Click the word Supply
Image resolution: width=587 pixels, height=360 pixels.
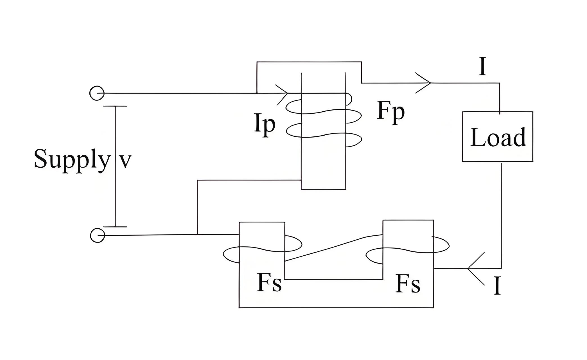point(72,159)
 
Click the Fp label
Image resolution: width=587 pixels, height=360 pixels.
point(391,112)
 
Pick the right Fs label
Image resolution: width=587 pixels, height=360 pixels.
point(408,284)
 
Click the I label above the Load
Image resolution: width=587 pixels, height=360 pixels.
point(482,66)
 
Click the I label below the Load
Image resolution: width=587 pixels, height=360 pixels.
point(497,285)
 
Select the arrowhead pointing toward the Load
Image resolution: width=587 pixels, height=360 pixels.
point(423,83)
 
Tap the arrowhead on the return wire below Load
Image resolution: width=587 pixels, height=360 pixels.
point(476,269)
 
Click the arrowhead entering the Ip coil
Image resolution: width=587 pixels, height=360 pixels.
point(282,94)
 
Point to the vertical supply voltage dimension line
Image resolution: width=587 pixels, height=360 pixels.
point(115,166)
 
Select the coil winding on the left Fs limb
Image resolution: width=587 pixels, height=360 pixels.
point(262,249)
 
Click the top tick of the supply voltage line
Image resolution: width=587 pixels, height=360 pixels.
point(115,106)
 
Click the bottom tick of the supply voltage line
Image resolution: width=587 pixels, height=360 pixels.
point(115,227)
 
